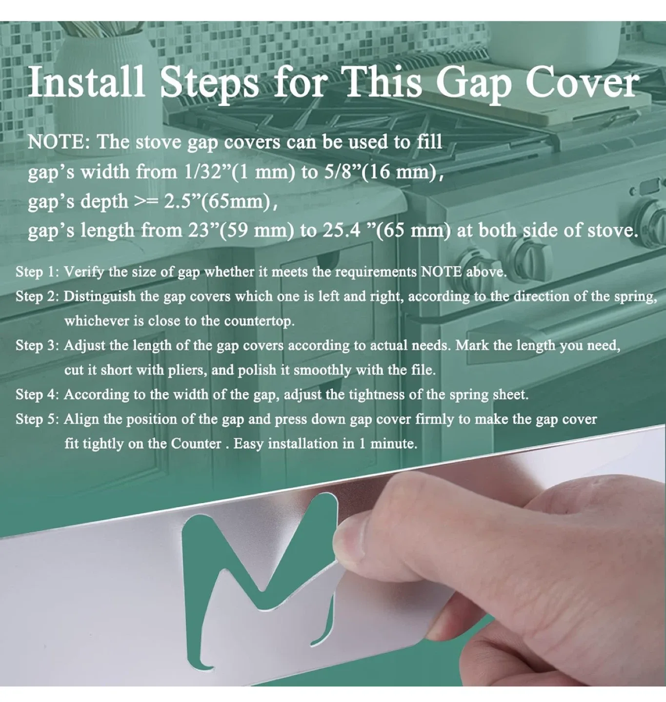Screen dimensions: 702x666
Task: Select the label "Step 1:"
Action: [x=37, y=272]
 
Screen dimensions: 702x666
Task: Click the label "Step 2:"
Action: [x=37, y=296]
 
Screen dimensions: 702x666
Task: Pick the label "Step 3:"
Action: [x=37, y=346]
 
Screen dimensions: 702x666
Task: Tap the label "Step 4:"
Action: [x=37, y=394]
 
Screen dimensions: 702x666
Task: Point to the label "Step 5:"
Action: [x=37, y=419]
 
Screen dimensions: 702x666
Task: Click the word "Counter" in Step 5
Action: [x=196, y=444]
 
